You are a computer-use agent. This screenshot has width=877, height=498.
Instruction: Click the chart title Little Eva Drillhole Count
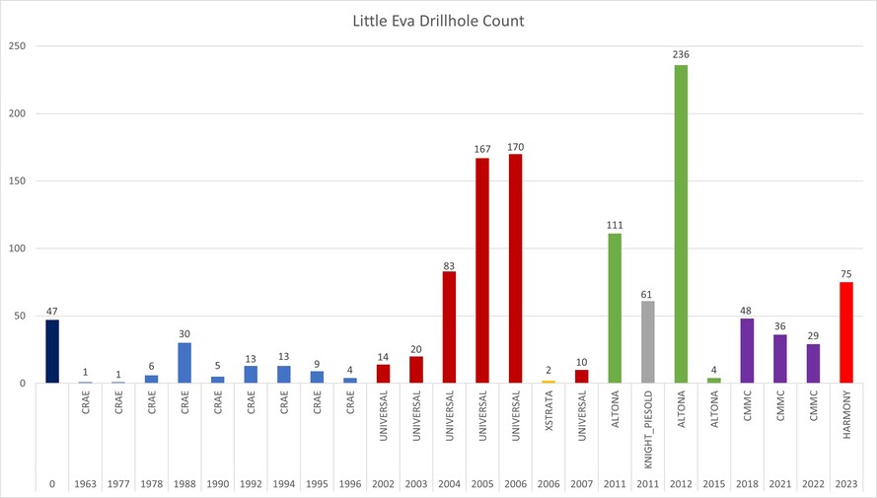pyautogui.click(x=438, y=21)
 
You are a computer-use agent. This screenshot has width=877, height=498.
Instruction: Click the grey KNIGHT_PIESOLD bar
pyautogui.click(x=648, y=341)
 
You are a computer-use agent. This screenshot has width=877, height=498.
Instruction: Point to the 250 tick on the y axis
pyautogui.click(x=19, y=46)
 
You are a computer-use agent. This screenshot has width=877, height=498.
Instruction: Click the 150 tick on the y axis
pyautogui.click(x=19, y=181)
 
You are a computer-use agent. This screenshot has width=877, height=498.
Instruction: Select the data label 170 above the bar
pyautogui.click(x=516, y=147)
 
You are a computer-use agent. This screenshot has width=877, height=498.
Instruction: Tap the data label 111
pyautogui.click(x=615, y=226)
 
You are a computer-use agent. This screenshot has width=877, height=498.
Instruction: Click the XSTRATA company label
pyautogui.click(x=548, y=425)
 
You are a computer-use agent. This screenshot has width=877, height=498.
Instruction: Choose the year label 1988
pyautogui.click(x=184, y=484)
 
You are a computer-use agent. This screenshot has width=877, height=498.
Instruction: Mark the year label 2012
pyautogui.click(x=681, y=484)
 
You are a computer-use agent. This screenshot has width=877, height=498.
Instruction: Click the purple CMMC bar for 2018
pyautogui.click(x=747, y=350)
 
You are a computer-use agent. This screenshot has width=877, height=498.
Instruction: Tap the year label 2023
pyautogui.click(x=846, y=484)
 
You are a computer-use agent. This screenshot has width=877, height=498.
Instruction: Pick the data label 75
pyautogui.click(x=846, y=275)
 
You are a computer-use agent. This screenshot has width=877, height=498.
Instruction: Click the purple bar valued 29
pyautogui.click(x=813, y=363)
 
